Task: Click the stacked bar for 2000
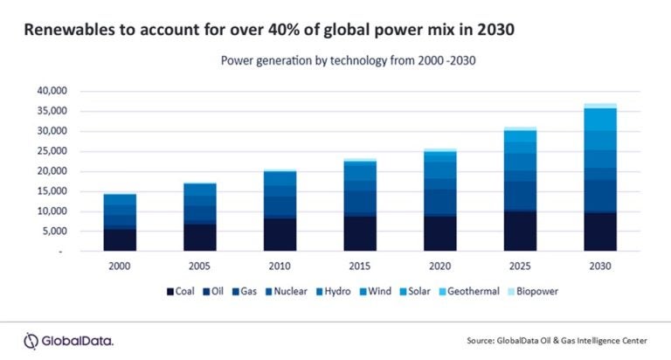(x=120, y=223)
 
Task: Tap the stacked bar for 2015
(x=360, y=205)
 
